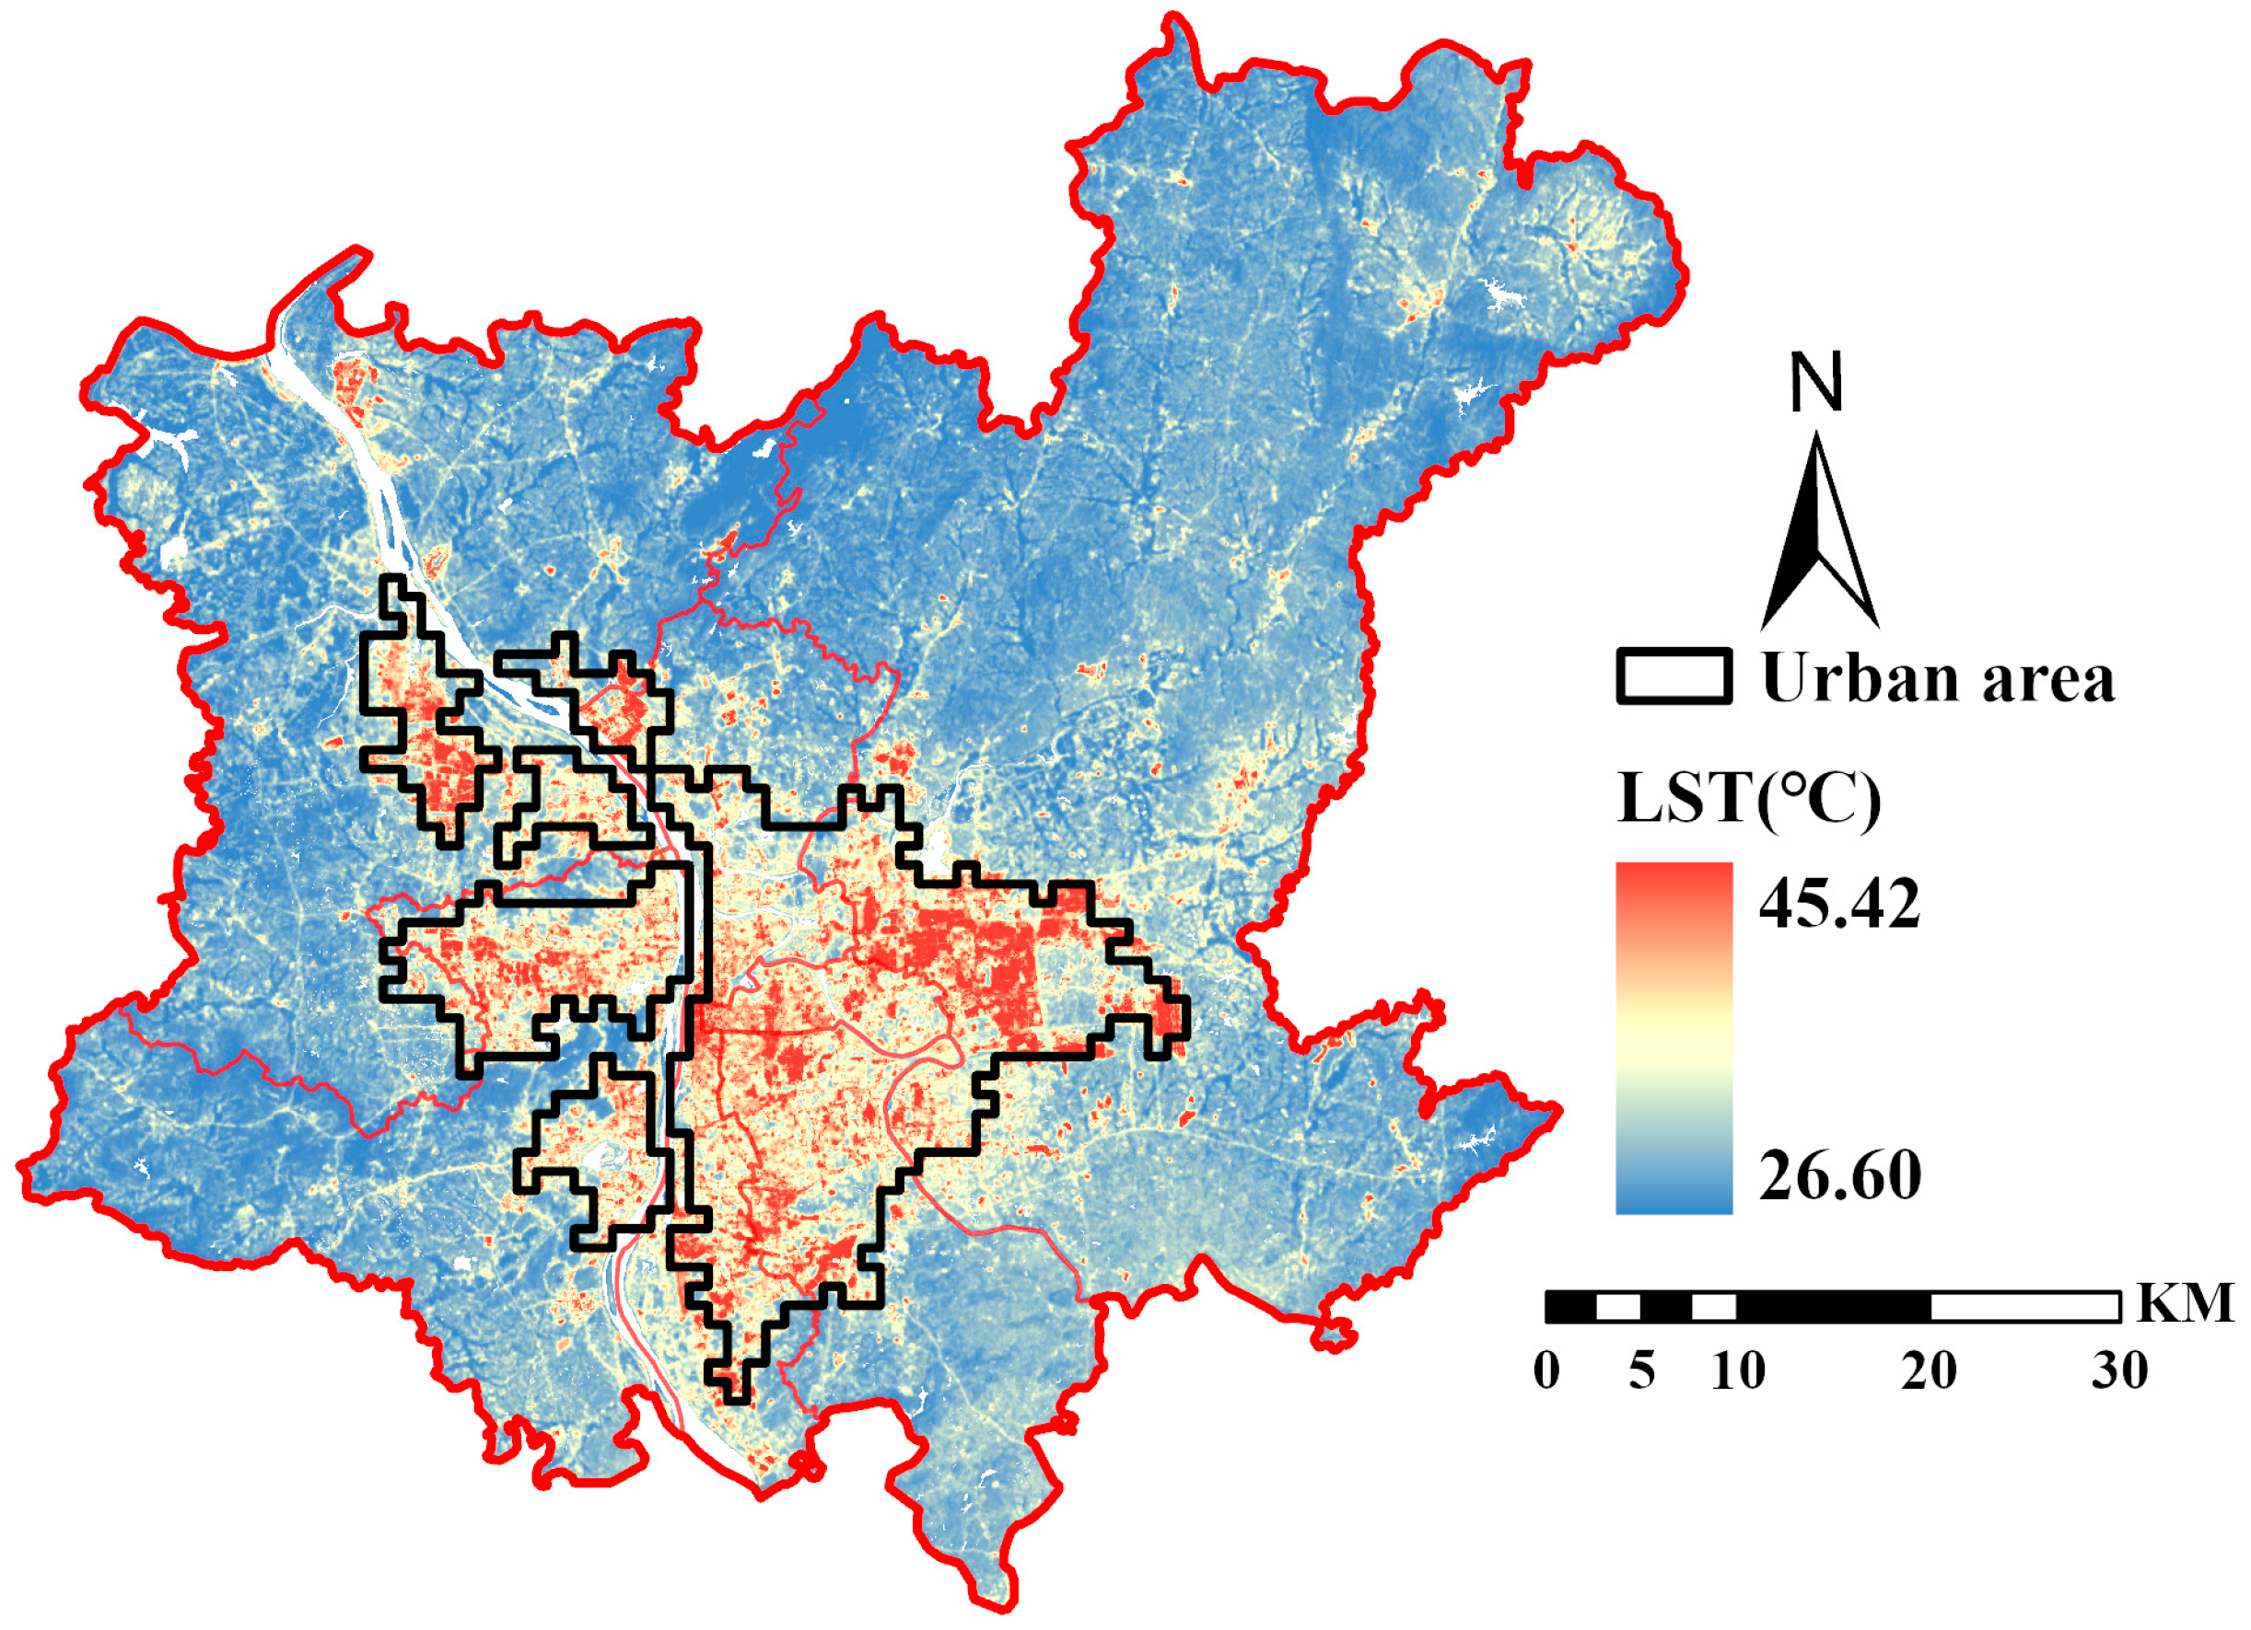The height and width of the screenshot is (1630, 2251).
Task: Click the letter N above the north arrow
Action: tap(1816, 382)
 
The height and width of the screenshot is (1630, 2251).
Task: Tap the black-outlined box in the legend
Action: tap(1674, 676)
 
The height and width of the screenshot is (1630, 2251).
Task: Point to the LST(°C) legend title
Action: tap(1749, 799)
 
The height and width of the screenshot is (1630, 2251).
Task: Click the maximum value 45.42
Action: tap(1839, 904)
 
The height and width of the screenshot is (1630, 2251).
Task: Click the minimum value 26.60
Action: tap(1840, 1176)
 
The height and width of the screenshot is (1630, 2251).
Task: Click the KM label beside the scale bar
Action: tap(2185, 1302)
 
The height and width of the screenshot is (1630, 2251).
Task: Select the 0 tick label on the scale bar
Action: tap(1546, 1372)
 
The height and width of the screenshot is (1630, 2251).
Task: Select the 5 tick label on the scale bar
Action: tap(1642, 1372)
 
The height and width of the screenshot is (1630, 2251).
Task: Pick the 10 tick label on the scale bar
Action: tap(1738, 1372)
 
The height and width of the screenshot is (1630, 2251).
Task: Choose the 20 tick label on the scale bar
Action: tap(1930, 1372)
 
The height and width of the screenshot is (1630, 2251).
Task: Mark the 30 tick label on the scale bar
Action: tap(2121, 1372)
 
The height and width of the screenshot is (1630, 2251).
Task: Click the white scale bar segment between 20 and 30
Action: tap(2024, 1308)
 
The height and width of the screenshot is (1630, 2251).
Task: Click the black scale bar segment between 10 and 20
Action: tap(1833, 1308)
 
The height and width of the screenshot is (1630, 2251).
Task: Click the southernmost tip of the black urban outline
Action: tap(736, 1400)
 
